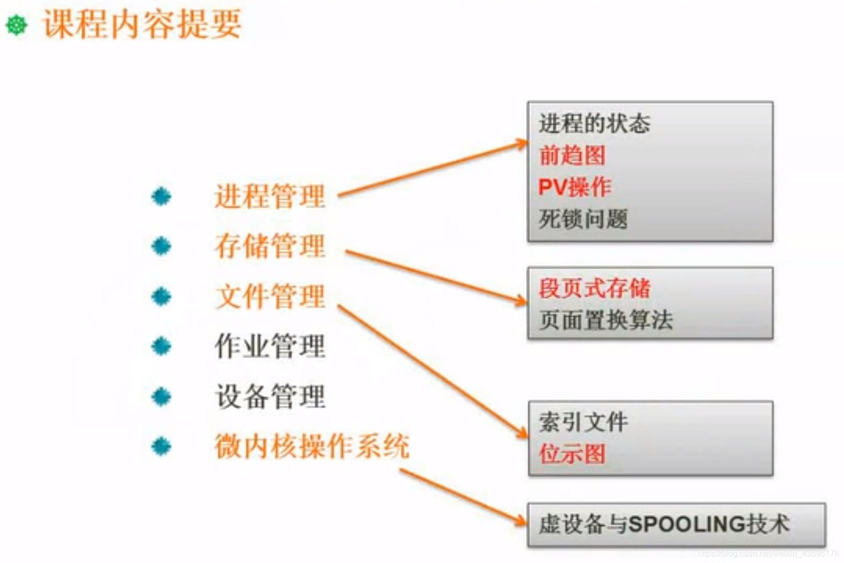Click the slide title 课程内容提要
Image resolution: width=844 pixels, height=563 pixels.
[x=142, y=24]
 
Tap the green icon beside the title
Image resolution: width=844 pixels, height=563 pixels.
[x=17, y=25]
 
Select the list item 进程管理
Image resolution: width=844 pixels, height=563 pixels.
[x=269, y=197]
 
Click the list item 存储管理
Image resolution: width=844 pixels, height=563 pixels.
[x=269, y=246]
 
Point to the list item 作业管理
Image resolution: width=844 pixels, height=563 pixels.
[x=269, y=346]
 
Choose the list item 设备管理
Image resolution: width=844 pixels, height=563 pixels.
[x=269, y=396]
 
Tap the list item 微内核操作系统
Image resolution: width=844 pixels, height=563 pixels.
[x=312, y=446]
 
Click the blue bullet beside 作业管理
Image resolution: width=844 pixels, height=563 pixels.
[x=161, y=346]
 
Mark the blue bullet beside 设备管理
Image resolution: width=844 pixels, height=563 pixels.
[x=161, y=397]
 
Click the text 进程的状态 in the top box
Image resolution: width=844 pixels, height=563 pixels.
[x=594, y=124]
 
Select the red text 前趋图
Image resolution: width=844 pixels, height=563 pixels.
[x=572, y=155]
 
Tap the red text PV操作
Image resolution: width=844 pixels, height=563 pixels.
[x=575, y=187]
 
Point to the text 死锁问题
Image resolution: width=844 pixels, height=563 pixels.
[x=583, y=219]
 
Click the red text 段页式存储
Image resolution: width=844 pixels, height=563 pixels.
[x=594, y=288]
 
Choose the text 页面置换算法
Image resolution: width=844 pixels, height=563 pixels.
[x=606, y=320]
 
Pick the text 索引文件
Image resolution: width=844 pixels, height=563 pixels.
[x=583, y=422]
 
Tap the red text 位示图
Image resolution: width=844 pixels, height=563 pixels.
[x=572, y=453]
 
